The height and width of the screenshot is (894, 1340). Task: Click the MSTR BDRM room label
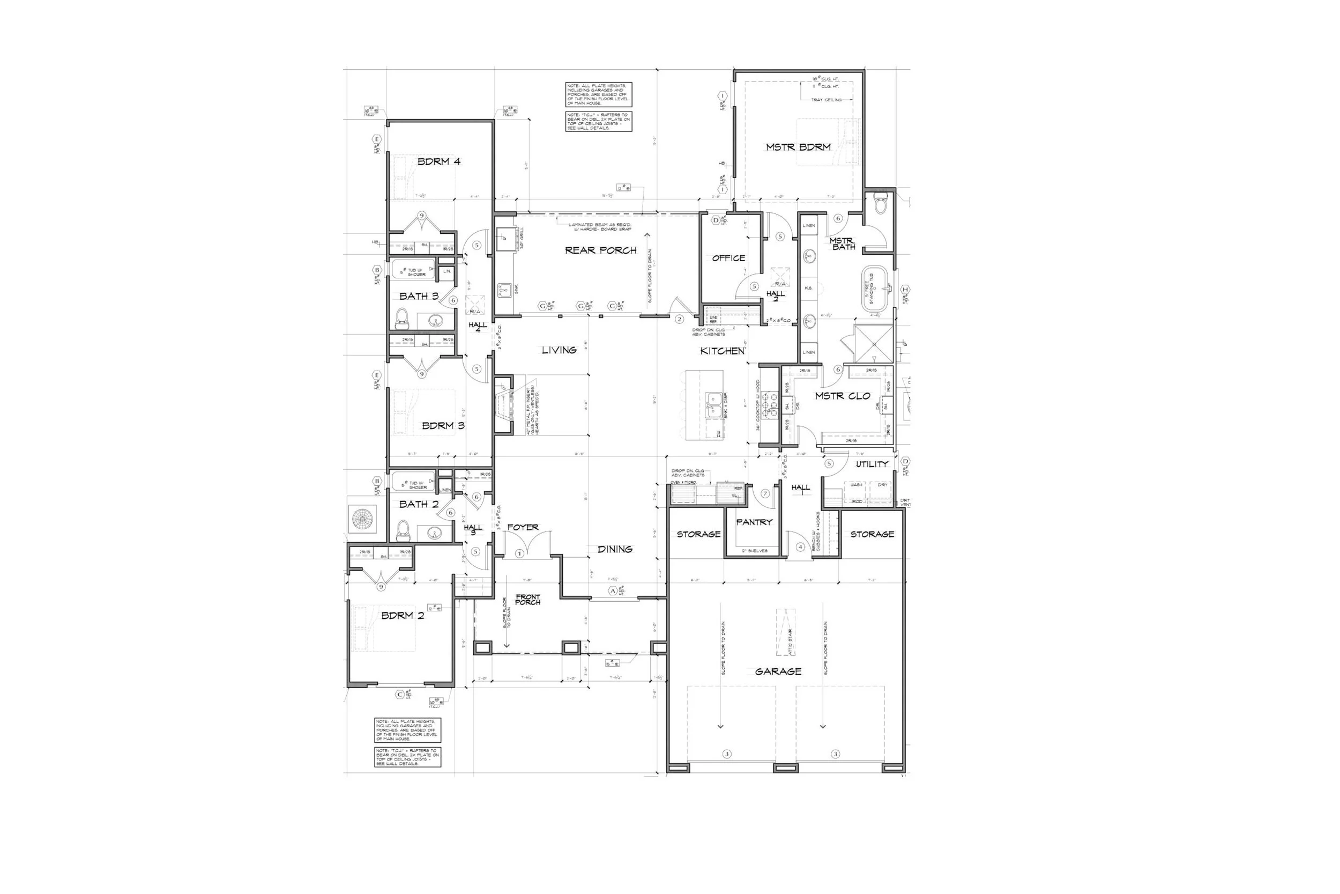[x=798, y=147]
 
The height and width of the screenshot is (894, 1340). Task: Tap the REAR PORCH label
[x=600, y=250]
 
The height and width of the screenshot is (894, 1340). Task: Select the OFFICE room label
[x=728, y=258]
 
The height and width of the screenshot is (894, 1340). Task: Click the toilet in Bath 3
[x=402, y=319]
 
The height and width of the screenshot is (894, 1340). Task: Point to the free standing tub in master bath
[x=875, y=288]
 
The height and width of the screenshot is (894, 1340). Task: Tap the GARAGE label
[x=778, y=671]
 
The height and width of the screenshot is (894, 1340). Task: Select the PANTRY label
[x=754, y=522]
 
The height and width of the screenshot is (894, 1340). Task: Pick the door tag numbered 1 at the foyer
[x=519, y=553]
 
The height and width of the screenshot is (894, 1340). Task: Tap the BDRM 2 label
[x=402, y=616]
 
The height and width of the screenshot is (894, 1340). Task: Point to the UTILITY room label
[x=872, y=464]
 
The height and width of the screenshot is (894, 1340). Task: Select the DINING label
[x=615, y=549]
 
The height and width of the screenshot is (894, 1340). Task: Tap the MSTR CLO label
[x=842, y=396]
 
